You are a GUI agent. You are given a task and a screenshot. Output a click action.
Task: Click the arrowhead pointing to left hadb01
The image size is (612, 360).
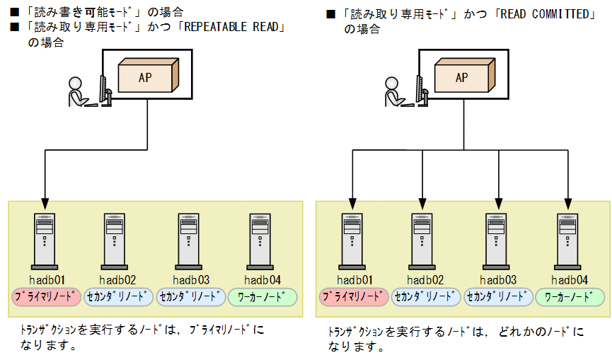[45, 200]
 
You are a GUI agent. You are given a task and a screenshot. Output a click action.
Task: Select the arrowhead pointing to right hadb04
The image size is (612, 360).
[568, 200]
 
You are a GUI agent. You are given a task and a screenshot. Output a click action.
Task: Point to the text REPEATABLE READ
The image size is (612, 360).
[233, 28]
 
